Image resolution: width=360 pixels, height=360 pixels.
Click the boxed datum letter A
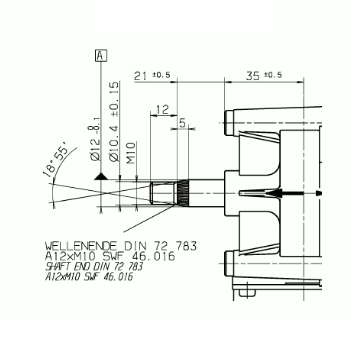tap(99, 55)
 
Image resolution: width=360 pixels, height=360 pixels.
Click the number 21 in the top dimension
tap(139, 74)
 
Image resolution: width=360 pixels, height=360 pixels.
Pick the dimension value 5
tap(181, 123)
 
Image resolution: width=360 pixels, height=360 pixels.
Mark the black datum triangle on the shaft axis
tap(100, 177)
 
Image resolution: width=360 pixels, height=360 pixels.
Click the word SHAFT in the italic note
tap(61, 266)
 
